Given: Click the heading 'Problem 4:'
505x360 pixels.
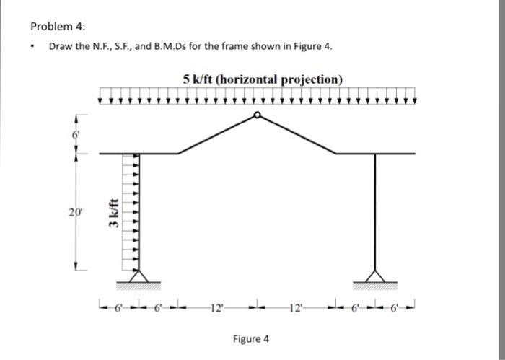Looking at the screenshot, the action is click(58, 27).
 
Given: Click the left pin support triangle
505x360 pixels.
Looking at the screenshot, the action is click(138, 276).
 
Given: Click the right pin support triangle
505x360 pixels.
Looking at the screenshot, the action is click(374, 276).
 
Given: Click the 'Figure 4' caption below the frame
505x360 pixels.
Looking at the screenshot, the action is click(250, 338).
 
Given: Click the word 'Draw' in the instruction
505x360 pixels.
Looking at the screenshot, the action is click(61, 47).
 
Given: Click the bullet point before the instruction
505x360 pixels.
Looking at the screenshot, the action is click(34, 47).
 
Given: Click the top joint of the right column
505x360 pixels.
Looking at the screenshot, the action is click(374, 153).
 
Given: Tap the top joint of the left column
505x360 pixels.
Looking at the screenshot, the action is click(138, 153).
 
